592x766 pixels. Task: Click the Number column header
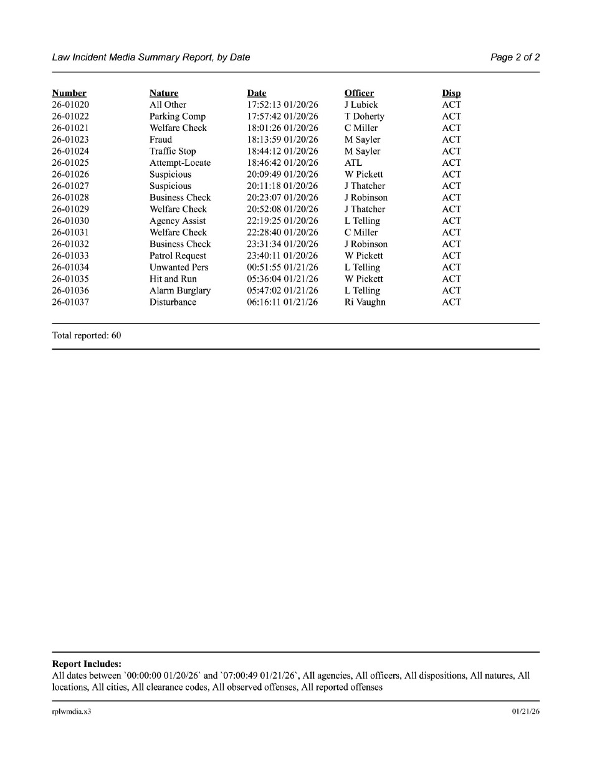[x=69, y=93]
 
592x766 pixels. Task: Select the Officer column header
[x=359, y=93]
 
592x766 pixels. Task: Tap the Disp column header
[x=451, y=93]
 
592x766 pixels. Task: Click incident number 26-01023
[x=70, y=140]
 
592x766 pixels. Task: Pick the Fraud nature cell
[x=161, y=140]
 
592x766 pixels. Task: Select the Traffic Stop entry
[x=173, y=151]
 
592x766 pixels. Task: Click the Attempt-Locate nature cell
[x=180, y=163]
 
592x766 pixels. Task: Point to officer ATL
[x=353, y=163]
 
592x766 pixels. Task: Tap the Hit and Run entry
[x=173, y=279]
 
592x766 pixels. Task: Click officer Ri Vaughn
[x=365, y=302]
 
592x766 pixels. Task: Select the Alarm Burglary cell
[x=180, y=290]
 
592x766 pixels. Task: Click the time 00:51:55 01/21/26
[x=282, y=267]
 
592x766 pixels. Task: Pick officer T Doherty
[x=365, y=117]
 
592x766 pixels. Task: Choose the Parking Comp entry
[x=178, y=117]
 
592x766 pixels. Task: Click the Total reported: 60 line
[x=87, y=335]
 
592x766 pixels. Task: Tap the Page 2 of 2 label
[x=515, y=57]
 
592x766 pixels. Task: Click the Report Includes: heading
[x=87, y=664]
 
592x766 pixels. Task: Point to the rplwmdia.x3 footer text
[x=72, y=712]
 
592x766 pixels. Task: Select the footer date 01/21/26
[x=526, y=712]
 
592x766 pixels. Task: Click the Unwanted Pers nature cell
[x=179, y=267]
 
